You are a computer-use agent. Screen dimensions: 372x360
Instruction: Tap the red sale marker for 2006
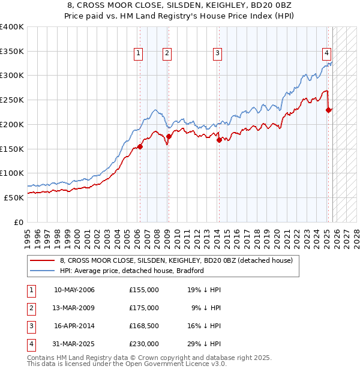pyautogui.click(x=140, y=146)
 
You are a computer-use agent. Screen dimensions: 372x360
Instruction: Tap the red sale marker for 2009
pyautogui.click(x=169, y=136)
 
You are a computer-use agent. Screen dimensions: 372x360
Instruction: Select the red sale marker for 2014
pyautogui.click(x=219, y=140)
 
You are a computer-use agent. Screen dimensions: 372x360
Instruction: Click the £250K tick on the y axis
pyautogui.click(x=12, y=100)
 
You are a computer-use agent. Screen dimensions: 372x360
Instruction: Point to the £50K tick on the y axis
pyautogui.click(x=14, y=197)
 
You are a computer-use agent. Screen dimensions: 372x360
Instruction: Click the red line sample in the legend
pyautogui.click(x=43, y=261)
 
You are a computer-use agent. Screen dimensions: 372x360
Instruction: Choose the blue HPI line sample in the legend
pyautogui.click(x=43, y=271)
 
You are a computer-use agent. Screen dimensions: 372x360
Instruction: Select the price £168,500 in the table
pyautogui.click(x=144, y=326)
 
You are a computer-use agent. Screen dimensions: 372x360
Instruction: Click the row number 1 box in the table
pyautogui.click(x=30, y=290)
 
